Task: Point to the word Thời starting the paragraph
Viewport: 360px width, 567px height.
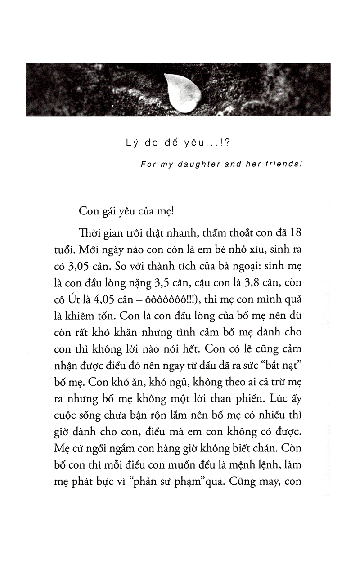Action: click(x=89, y=232)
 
